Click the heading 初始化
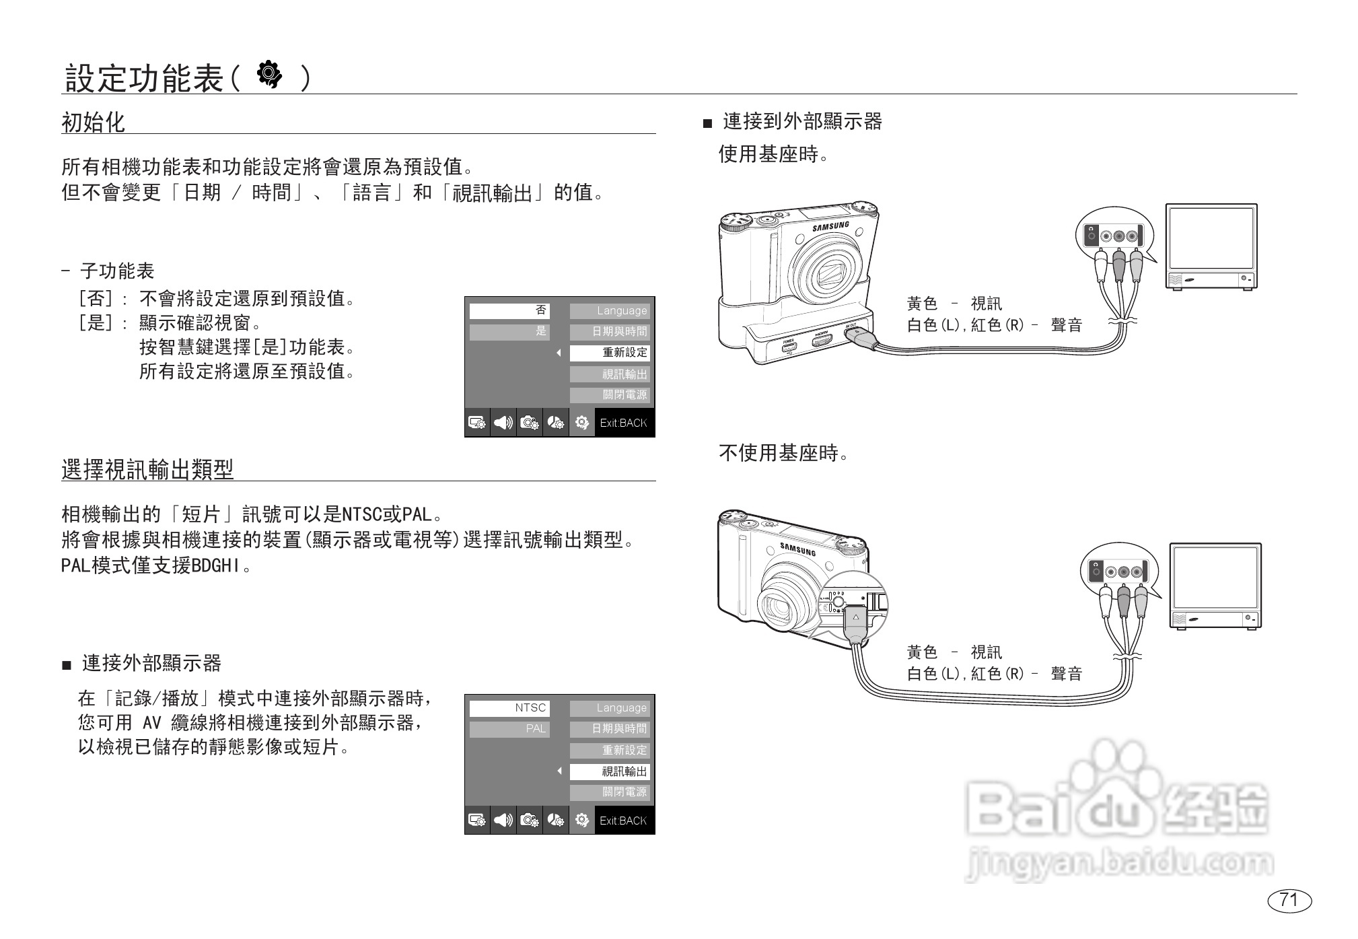93,123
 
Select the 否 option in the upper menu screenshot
509,310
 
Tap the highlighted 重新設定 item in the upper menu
610,353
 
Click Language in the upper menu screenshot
610,310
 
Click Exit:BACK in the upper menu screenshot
623,423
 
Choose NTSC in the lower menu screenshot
509,708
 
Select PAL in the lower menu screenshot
509,729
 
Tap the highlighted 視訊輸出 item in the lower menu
610,771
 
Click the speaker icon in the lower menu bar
503,821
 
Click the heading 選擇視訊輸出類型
147,469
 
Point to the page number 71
1289,900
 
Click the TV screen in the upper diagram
1211,237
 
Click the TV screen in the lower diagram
1215,577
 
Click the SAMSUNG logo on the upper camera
830,227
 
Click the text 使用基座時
773,154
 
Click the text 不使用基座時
783,453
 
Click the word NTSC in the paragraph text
361,515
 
